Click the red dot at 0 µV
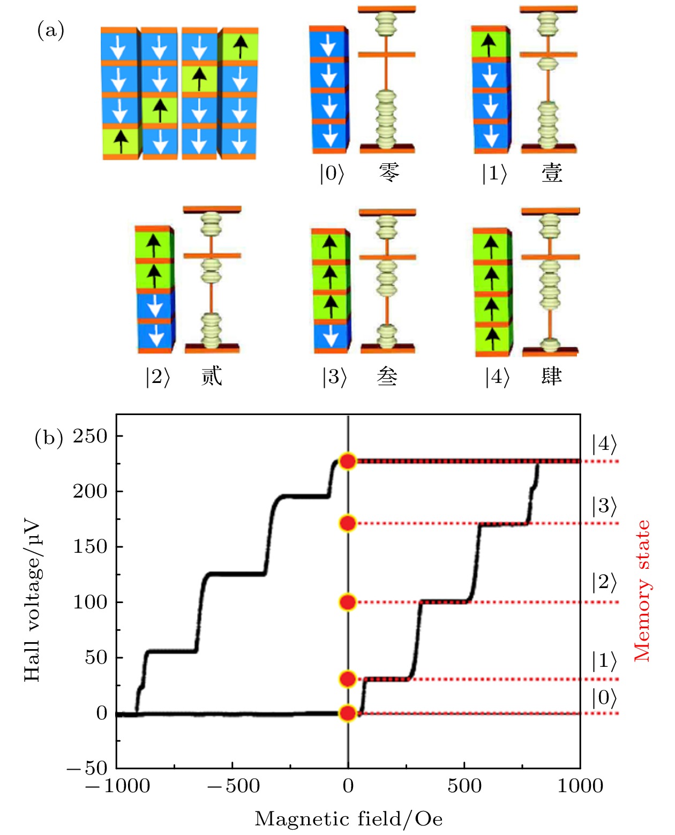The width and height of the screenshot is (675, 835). pyautogui.click(x=348, y=713)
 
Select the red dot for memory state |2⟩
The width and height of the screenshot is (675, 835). pyautogui.click(x=348, y=602)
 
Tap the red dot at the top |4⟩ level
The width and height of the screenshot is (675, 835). pyautogui.click(x=348, y=461)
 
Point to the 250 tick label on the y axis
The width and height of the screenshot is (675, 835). pyautogui.click(x=91, y=436)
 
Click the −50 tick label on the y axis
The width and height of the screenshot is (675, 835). pyautogui.click(x=87, y=768)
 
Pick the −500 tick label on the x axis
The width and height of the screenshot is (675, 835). pyautogui.click(x=233, y=786)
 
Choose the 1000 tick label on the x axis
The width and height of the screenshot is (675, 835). pyautogui.click(x=580, y=786)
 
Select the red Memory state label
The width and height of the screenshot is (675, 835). pyautogui.click(x=642, y=590)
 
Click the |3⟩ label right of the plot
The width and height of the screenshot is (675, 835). pyautogui.click(x=604, y=506)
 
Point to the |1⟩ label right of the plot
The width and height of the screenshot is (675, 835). pyautogui.click(x=604, y=661)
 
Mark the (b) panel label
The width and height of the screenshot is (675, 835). pyautogui.click(x=48, y=438)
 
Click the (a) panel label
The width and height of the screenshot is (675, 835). pyautogui.click(x=51, y=31)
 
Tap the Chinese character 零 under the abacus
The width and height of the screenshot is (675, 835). pyautogui.click(x=389, y=173)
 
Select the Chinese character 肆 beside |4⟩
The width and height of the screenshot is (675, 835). pyautogui.click(x=551, y=376)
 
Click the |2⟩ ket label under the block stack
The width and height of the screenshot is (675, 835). pyautogui.click(x=157, y=377)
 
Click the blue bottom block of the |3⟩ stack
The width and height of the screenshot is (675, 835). pyautogui.click(x=331, y=336)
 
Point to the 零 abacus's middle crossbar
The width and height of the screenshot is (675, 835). pyautogui.click(x=386, y=54)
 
